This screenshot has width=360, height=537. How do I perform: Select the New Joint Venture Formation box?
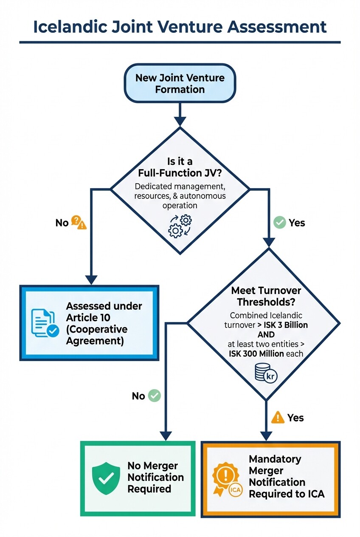180,83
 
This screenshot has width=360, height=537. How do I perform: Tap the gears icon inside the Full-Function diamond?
180,225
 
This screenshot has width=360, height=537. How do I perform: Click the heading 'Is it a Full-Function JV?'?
180,167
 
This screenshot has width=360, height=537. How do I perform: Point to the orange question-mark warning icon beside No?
79,222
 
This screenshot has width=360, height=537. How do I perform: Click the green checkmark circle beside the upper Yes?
279,222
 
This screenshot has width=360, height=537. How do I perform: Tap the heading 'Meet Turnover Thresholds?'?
266,297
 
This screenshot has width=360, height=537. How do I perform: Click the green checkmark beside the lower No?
155,396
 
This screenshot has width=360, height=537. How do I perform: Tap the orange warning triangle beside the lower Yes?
278,417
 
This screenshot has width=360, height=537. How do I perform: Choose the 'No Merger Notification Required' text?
155,478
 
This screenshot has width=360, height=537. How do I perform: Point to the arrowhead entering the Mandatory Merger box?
266,436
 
